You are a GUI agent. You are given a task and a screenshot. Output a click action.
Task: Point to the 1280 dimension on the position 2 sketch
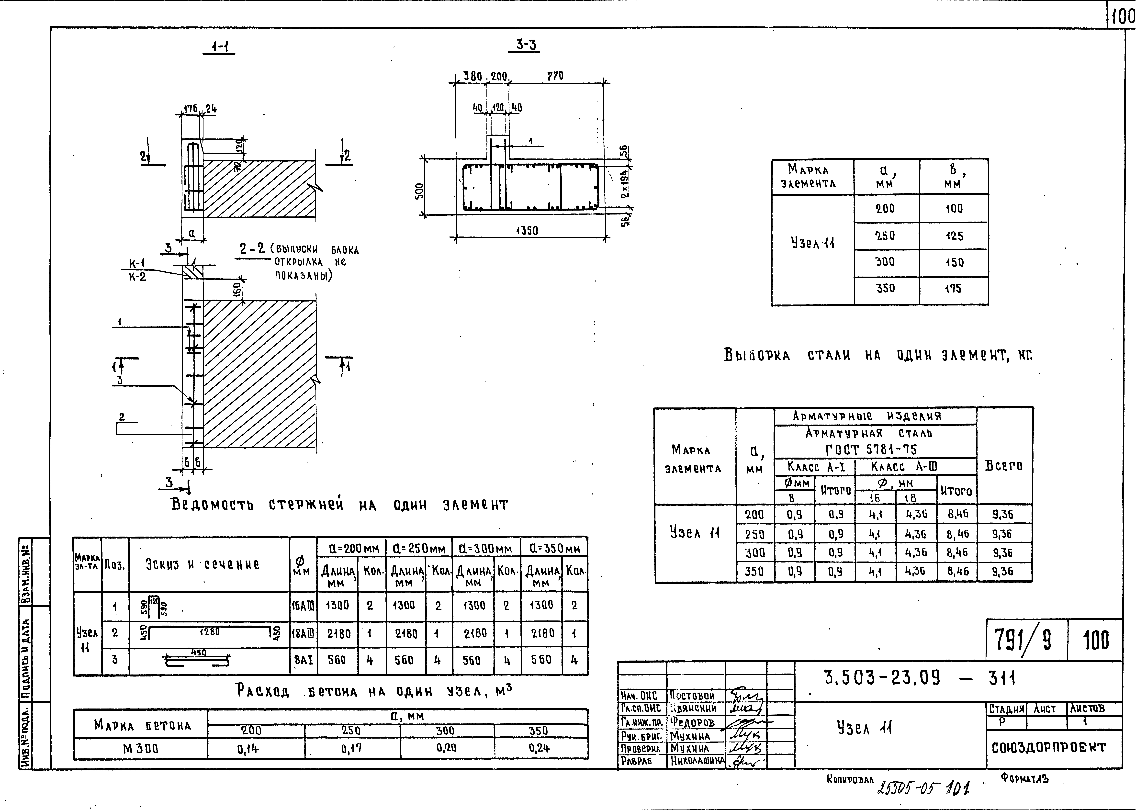(209, 631)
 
